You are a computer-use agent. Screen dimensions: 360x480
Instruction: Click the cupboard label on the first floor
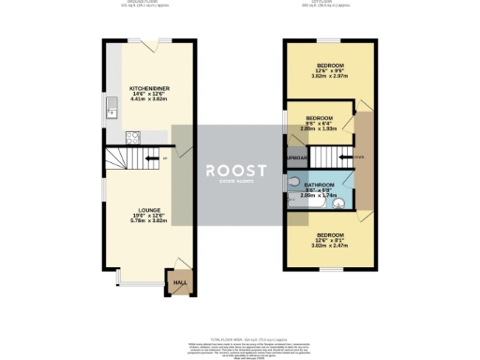point(297,157)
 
